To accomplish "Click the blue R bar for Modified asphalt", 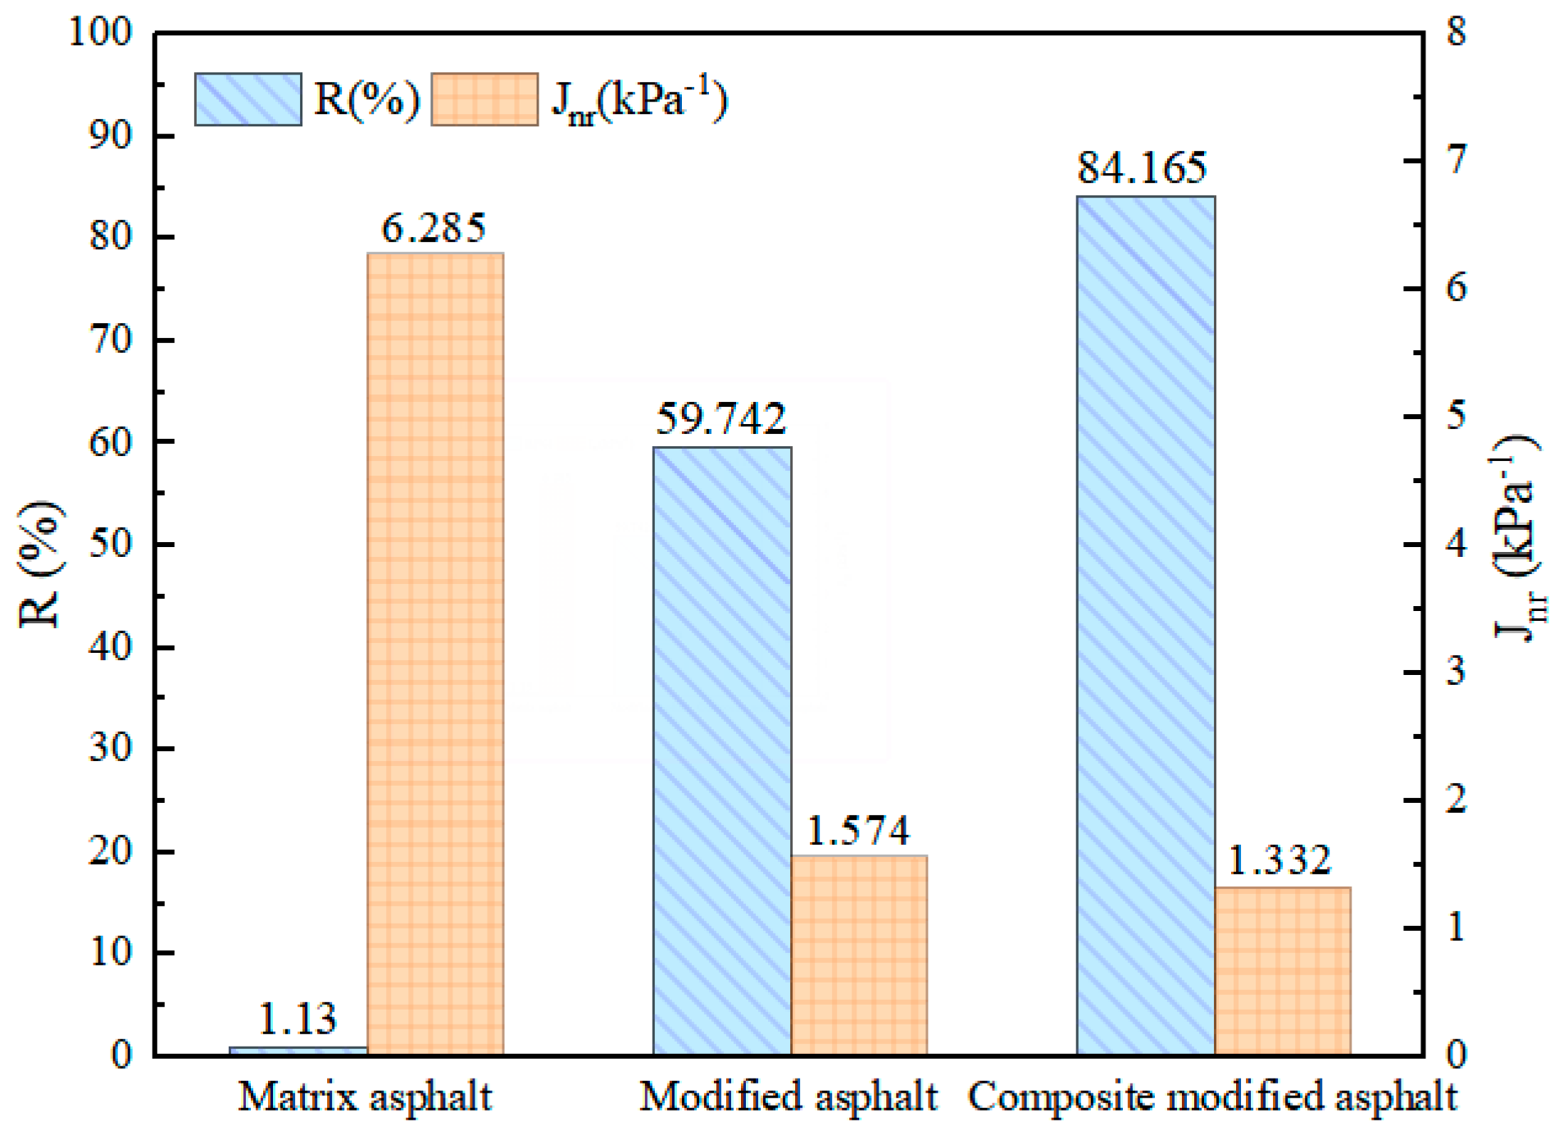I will pyautogui.click(x=722, y=750).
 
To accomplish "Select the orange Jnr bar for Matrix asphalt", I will pyautogui.click(x=435, y=653).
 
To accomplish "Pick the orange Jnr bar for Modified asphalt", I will pyautogui.click(x=859, y=955).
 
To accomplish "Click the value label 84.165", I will pyautogui.click(x=1142, y=168).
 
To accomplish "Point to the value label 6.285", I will pyautogui.click(x=434, y=228).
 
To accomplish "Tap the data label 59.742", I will pyautogui.click(x=720, y=419).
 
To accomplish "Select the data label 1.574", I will pyautogui.click(x=858, y=831).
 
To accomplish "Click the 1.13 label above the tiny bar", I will pyautogui.click(x=297, y=1019).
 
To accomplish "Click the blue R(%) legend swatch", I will pyautogui.click(x=248, y=99).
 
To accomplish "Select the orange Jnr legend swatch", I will pyautogui.click(x=484, y=99).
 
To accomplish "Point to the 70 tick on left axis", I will pyautogui.click(x=111, y=340).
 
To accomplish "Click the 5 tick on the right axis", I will pyautogui.click(x=1456, y=416).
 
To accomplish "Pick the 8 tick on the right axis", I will pyautogui.click(x=1456, y=33).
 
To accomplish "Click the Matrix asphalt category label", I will pyautogui.click(x=365, y=1097).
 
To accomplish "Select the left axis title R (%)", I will pyautogui.click(x=39, y=563).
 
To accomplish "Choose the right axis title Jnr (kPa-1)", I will pyautogui.click(x=1516, y=537).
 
